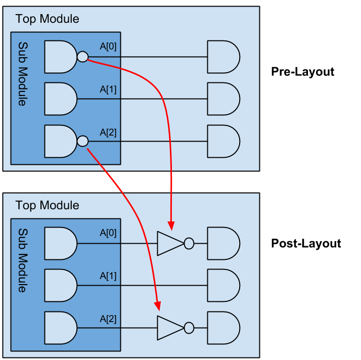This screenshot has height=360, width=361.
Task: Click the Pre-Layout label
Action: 302,72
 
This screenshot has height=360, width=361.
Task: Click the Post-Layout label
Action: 306,243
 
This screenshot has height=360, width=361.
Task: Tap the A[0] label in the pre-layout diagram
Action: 108,47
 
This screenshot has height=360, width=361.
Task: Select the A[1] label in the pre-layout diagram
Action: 108,89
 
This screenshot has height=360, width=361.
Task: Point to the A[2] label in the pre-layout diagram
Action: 108,132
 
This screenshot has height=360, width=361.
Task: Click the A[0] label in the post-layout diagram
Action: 108,233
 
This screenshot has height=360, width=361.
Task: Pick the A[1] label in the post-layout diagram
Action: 108,276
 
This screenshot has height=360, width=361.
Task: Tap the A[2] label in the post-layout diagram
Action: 108,319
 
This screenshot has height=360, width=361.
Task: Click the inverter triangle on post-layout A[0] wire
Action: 169,243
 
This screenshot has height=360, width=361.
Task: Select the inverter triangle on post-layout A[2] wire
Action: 169,328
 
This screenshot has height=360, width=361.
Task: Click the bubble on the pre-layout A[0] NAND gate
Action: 82,57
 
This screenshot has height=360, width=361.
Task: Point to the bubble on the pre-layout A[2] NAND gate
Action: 82,141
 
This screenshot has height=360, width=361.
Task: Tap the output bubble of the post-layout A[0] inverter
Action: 189,243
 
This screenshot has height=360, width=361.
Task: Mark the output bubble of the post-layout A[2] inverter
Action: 189,328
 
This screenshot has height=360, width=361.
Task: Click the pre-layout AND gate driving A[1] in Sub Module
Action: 60,99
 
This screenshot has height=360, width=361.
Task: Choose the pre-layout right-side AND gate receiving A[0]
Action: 222,57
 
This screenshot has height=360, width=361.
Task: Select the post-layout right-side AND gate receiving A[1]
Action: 222,285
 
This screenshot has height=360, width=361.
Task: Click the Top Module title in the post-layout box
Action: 47,205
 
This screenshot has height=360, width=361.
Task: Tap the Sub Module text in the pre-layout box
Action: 22,73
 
